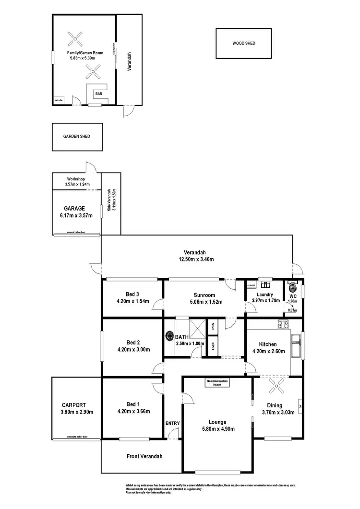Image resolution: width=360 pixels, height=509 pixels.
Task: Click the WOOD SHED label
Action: (x=244, y=43)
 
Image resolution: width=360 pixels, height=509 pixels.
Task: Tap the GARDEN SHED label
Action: (x=76, y=136)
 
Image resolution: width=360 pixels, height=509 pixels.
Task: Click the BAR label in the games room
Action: (x=98, y=94)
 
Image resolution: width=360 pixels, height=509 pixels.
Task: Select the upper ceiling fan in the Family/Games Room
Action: (x=75, y=37)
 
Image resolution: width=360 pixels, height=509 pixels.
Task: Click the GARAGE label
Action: (x=74, y=209)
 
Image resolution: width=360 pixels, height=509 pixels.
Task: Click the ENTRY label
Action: (x=172, y=423)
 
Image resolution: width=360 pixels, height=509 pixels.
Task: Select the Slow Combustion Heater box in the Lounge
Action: (x=217, y=383)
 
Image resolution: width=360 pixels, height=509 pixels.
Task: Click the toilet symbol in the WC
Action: (x=292, y=287)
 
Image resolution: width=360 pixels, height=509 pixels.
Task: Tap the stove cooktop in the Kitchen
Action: (x=282, y=325)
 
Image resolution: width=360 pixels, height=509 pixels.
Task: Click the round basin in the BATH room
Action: (x=169, y=336)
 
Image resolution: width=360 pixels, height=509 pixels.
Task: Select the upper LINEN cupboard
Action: (x=212, y=327)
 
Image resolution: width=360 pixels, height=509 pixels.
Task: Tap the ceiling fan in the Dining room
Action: (x=276, y=384)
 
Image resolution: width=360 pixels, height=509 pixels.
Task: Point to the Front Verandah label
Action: (x=144, y=456)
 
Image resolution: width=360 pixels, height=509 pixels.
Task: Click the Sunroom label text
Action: (x=204, y=295)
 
